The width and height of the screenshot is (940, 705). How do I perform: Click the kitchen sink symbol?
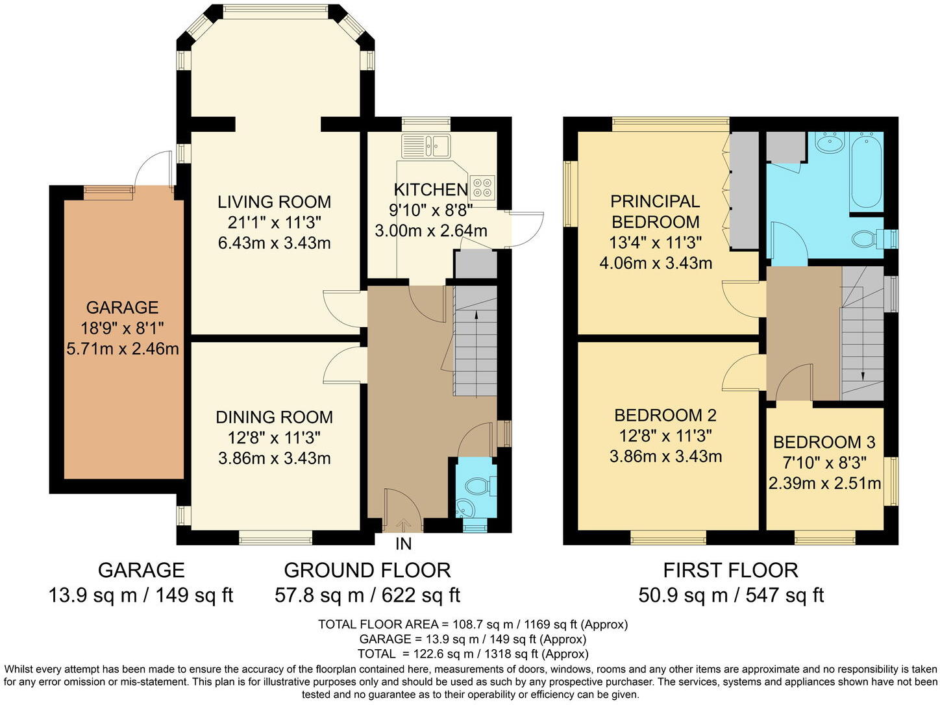tap(426, 146)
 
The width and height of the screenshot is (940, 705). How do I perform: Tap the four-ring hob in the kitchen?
tap(482, 187)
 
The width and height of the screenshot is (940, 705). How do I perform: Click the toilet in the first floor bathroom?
tap(865, 240)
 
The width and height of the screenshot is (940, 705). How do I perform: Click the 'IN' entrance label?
tap(403, 543)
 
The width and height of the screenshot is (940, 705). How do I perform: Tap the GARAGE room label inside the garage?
tap(122, 307)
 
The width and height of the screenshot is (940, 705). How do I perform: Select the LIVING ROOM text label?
tap(274, 202)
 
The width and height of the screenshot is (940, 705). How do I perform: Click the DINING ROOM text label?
tap(274, 417)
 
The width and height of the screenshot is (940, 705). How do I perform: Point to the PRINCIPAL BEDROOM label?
tap(655, 212)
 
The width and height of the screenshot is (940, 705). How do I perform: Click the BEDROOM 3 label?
tap(824, 442)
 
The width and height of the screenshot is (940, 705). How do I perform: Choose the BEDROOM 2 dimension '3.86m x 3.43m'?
tap(665, 456)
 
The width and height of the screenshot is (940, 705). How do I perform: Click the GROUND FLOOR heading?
tap(367, 571)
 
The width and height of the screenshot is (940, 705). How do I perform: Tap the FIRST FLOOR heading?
tap(730, 571)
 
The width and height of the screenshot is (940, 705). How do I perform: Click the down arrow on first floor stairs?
tap(863, 376)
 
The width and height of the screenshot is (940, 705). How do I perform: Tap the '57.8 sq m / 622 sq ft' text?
tap(367, 595)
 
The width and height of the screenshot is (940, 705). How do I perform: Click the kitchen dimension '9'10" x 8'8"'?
tap(430, 210)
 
